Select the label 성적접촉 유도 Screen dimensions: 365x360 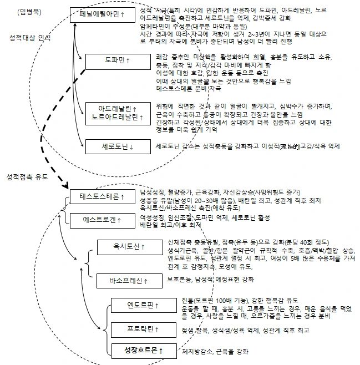coord(28,178)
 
